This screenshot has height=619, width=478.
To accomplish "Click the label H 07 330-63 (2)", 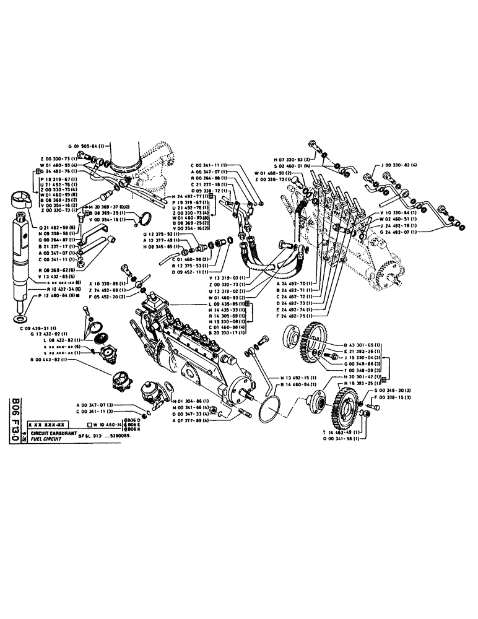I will [x=275, y=159].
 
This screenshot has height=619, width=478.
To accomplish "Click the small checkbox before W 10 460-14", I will [x=90, y=425].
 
